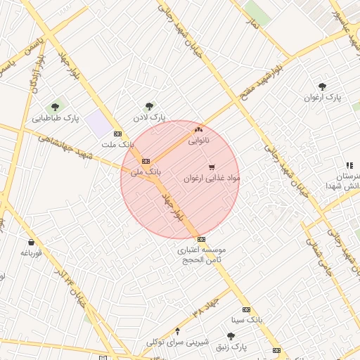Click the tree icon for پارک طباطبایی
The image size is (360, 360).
(x=55, y=107)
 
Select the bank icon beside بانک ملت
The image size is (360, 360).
(x=117, y=134)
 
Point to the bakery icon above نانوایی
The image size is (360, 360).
(x=198, y=129)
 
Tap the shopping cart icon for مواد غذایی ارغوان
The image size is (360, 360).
(x=211, y=167)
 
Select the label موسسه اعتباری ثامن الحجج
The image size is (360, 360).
(x=201, y=255)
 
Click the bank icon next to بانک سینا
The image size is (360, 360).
(x=246, y=309)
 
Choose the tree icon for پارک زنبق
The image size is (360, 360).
(x=231, y=336)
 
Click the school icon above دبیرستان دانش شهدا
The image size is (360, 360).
(x=349, y=165)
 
